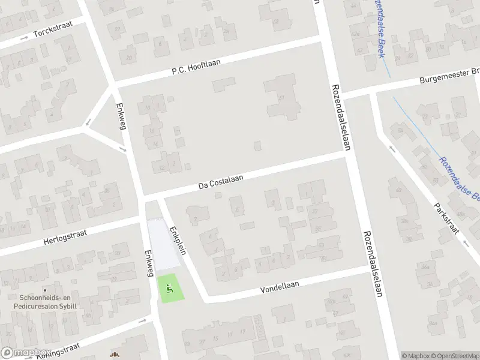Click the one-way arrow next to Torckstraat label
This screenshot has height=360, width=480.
[x=24, y=38]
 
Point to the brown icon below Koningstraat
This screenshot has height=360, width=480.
[x=115, y=355]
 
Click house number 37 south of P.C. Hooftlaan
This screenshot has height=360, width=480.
[x=281, y=98]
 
